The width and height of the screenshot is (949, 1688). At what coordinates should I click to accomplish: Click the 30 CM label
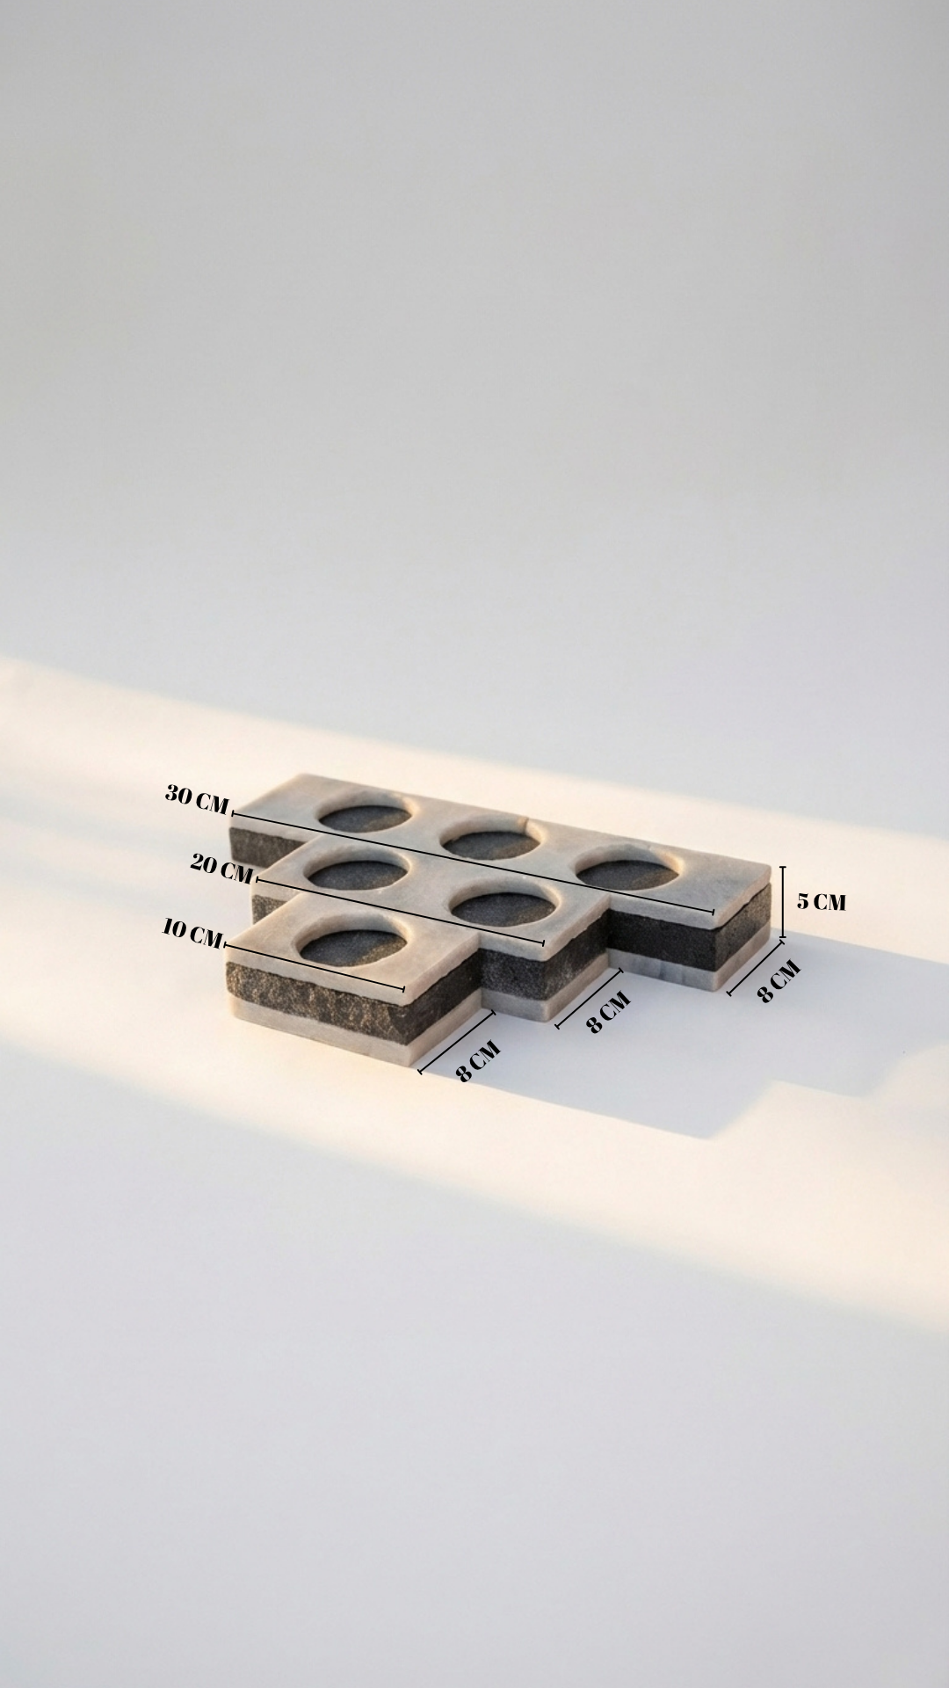[197, 799]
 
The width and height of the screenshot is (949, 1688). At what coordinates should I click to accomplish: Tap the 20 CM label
[222, 869]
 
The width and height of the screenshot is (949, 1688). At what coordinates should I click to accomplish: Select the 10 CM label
[192, 934]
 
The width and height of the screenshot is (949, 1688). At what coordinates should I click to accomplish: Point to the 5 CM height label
[822, 901]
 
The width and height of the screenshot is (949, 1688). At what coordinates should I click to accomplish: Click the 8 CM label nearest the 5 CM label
[779, 981]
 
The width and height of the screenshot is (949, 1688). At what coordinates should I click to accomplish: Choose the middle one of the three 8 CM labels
[609, 1012]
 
